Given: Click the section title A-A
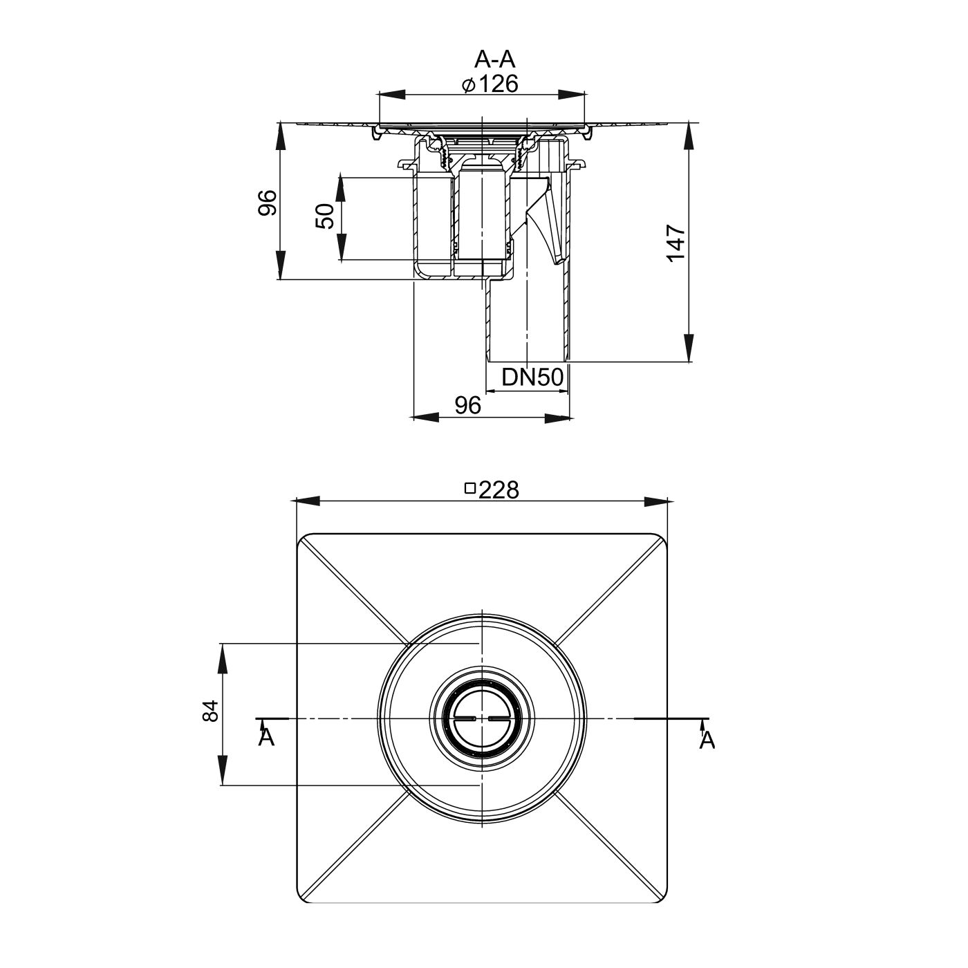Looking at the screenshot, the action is coord(495,59).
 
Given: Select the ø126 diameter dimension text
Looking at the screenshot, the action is coord(490,84).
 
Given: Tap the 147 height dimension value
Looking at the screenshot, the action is coord(676,243).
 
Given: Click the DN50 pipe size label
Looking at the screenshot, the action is coord(532,377).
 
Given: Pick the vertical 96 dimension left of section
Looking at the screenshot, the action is coord(268,203).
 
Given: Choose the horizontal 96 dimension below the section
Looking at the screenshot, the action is coord(467,405).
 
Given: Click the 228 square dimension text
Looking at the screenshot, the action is coord(499,490).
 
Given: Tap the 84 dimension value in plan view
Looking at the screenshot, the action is coord(211,711).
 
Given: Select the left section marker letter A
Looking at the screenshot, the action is coord(266,738).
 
